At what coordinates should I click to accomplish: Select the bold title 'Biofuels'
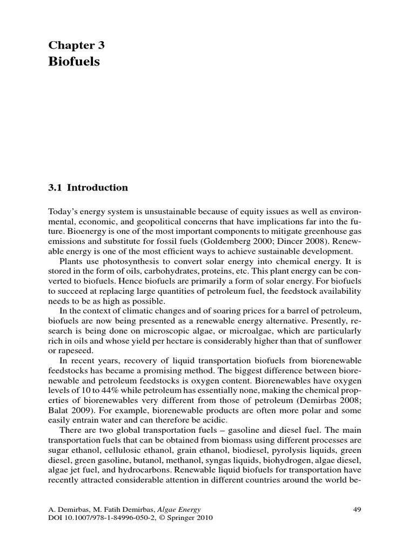74,62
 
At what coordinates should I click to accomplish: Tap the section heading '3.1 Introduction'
88,188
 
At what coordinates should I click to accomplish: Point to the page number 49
357,509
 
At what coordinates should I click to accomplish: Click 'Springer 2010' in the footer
193,517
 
